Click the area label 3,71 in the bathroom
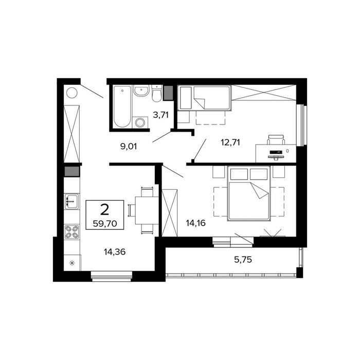click(x=160, y=115)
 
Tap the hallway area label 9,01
click(x=129, y=146)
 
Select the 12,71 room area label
click(x=230, y=142)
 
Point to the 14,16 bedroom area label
click(x=195, y=223)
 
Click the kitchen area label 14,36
click(x=115, y=252)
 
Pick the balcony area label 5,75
click(x=243, y=260)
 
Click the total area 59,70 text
click(x=105, y=223)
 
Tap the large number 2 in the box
click(x=105, y=210)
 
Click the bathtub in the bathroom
click(x=122, y=106)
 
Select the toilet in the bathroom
click(x=157, y=94)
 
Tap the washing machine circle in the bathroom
click(x=139, y=122)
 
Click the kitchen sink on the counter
click(x=71, y=202)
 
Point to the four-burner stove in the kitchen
click(x=71, y=232)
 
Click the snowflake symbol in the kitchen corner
click(x=72, y=263)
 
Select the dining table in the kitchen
click(x=147, y=210)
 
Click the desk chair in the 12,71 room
click(x=276, y=139)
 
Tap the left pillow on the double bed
click(x=239, y=174)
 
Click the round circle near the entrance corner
click(x=72, y=93)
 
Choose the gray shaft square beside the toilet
click(x=168, y=93)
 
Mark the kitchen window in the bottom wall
click(x=112, y=276)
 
